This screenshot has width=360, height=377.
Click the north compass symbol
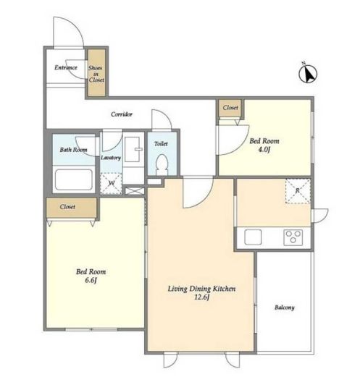(x=308, y=73)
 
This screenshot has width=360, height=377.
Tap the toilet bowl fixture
(x=162, y=164)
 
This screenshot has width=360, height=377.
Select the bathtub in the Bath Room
(x=74, y=179)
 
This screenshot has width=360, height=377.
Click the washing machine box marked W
(x=111, y=184)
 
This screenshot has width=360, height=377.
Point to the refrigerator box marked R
(x=298, y=191)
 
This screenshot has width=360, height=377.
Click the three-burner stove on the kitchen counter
(x=293, y=237)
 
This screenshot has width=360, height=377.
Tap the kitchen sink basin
(x=253, y=237)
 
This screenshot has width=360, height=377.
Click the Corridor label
(x=122, y=114)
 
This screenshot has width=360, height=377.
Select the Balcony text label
(x=285, y=308)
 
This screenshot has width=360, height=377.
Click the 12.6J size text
(x=201, y=297)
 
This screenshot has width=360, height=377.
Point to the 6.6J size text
(x=91, y=280)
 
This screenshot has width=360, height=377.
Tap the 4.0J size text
(x=264, y=150)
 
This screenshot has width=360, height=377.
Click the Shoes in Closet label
(x=96, y=74)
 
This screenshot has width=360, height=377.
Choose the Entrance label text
(x=66, y=67)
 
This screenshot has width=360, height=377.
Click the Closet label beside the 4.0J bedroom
(x=230, y=108)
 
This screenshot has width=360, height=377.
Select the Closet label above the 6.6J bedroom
(x=67, y=207)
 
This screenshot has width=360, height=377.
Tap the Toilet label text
(x=161, y=144)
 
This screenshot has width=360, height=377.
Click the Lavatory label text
(x=111, y=158)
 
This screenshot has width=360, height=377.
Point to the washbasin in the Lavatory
(x=133, y=149)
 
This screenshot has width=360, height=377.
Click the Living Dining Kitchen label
(x=201, y=289)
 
